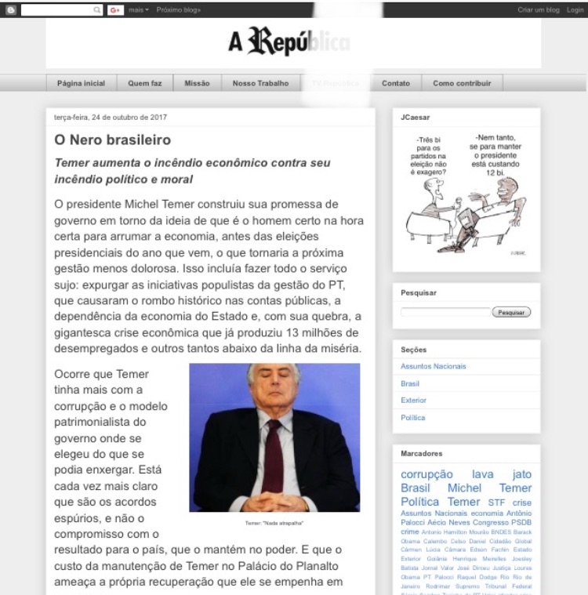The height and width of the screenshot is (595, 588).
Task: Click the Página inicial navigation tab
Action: tap(81, 83)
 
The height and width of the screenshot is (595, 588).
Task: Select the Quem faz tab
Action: tap(145, 83)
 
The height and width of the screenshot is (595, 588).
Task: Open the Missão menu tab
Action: tap(197, 83)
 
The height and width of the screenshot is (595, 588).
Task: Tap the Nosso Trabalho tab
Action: tap(260, 83)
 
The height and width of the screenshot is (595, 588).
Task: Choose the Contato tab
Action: tap(396, 83)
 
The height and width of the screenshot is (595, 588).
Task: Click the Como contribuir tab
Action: tap(462, 83)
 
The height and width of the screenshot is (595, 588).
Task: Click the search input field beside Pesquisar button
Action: tap(445, 312)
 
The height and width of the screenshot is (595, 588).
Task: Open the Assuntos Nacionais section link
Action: tap(433, 366)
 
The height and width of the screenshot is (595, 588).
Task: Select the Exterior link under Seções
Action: tap(413, 401)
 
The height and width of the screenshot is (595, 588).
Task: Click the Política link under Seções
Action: tap(413, 418)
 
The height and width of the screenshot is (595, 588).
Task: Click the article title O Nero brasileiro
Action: tap(112, 140)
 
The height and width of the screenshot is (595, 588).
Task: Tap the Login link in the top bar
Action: tap(575, 9)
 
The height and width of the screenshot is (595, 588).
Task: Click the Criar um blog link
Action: tap(539, 9)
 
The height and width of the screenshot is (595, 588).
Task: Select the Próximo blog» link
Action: tap(178, 9)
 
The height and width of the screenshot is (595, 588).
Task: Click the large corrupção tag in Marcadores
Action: tap(426, 474)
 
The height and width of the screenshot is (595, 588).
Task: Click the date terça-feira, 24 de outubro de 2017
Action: tap(110, 118)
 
